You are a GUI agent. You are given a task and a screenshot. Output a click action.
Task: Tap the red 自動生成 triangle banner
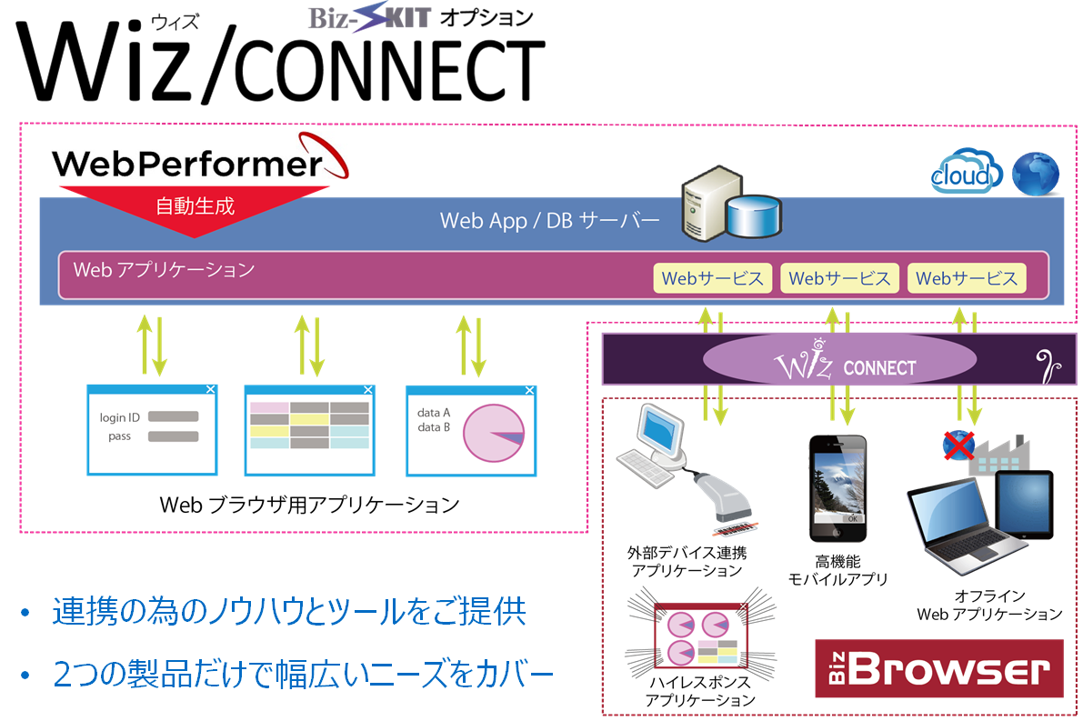click(195, 209)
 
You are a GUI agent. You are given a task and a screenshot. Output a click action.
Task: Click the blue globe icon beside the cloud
click(1037, 173)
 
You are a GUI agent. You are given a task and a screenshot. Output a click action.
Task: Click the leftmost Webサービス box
click(712, 278)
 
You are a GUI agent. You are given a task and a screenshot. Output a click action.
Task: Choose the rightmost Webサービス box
click(967, 278)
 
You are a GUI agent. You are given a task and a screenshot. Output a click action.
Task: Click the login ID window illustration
click(152, 429)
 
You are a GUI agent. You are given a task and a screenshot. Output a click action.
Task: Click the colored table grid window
click(309, 430)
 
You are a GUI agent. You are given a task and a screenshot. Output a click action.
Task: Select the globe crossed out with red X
click(958, 446)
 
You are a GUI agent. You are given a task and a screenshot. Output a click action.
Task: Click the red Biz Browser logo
click(938, 668)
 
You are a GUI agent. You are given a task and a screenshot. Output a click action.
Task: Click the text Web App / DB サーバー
click(549, 221)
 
